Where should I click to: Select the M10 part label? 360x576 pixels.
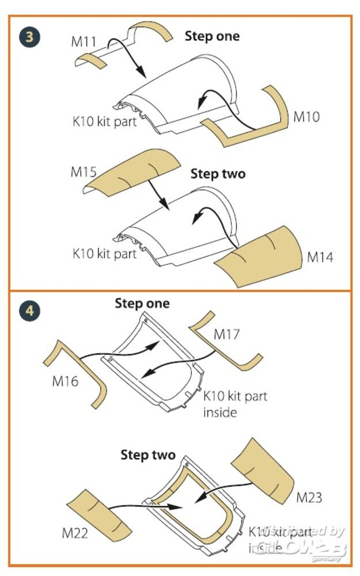click(x=306, y=116)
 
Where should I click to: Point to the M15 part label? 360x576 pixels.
click(x=84, y=172)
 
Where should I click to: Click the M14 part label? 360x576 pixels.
click(x=320, y=257)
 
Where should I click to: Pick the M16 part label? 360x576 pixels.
click(x=65, y=381)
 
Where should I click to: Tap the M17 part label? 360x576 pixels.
click(x=227, y=334)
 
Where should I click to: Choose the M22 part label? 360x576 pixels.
click(x=75, y=533)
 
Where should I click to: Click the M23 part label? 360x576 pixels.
click(x=309, y=497)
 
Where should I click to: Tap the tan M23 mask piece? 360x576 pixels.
click(x=264, y=469)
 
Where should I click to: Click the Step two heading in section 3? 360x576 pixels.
click(x=218, y=174)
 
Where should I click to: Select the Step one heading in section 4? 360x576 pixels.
click(x=142, y=303)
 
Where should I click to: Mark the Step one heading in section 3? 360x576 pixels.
click(x=212, y=36)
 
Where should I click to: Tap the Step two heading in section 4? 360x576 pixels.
click(x=147, y=455)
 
